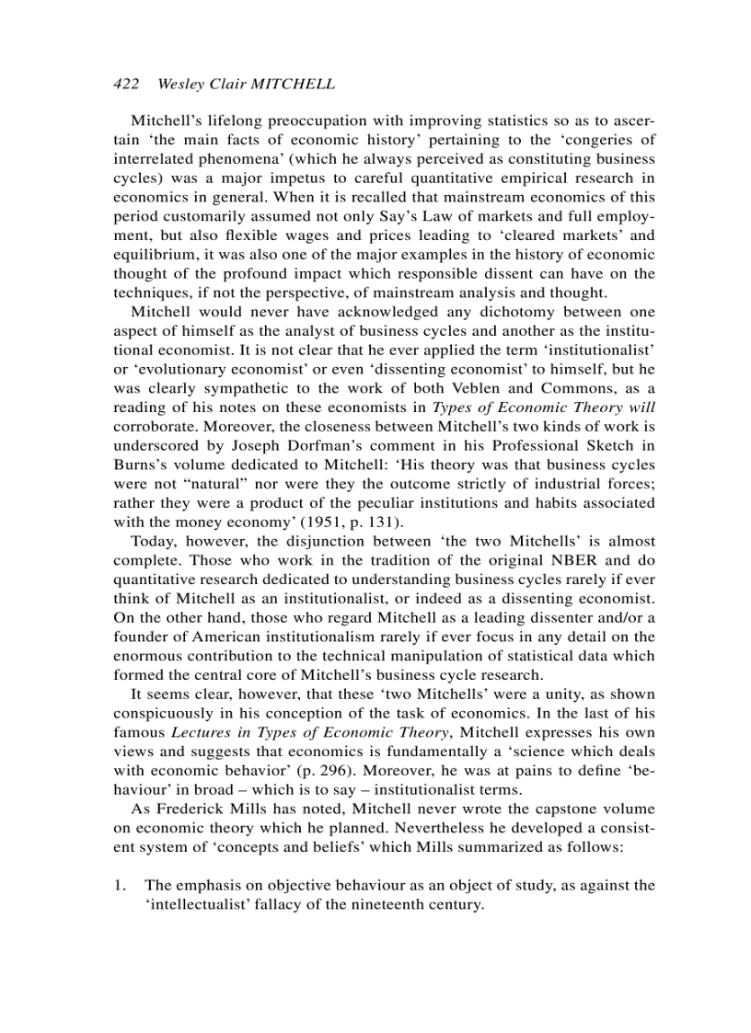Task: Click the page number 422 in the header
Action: [125, 85]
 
